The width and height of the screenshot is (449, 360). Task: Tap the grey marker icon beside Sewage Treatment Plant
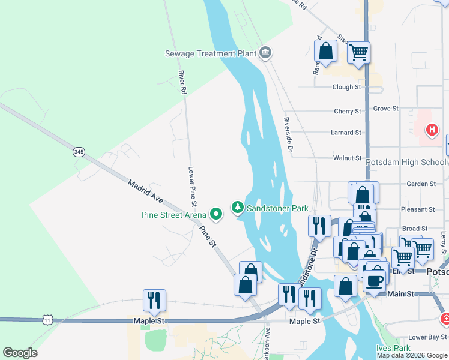(265, 53)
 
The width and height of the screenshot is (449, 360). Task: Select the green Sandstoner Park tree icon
(238, 208)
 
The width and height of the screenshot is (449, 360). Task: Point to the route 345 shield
(79, 152)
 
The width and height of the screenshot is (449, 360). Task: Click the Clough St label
(347, 87)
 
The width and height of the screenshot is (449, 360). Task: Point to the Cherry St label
(347, 111)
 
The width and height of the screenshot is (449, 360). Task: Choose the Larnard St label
(346, 133)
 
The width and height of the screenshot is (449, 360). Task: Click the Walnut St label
(347, 158)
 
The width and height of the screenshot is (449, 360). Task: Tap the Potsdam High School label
(408, 162)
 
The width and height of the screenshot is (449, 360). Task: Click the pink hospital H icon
(431, 129)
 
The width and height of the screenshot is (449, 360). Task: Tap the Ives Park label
(393, 348)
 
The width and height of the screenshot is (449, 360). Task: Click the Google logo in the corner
(20, 353)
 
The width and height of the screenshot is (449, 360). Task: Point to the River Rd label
(181, 83)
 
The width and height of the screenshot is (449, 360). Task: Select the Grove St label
(386, 109)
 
